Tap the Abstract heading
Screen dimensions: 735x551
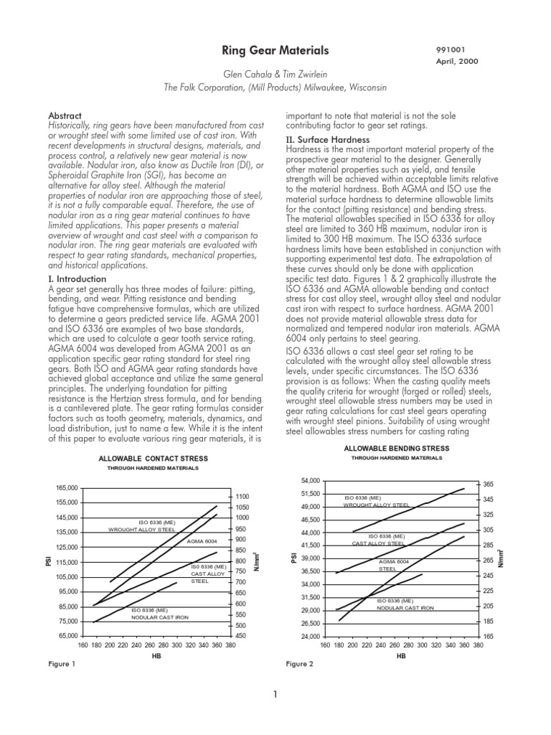click(65, 116)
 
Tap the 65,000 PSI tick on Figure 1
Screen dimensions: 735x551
click(67, 636)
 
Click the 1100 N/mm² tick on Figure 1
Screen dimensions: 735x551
click(241, 497)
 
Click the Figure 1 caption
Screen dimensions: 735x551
click(61, 664)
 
